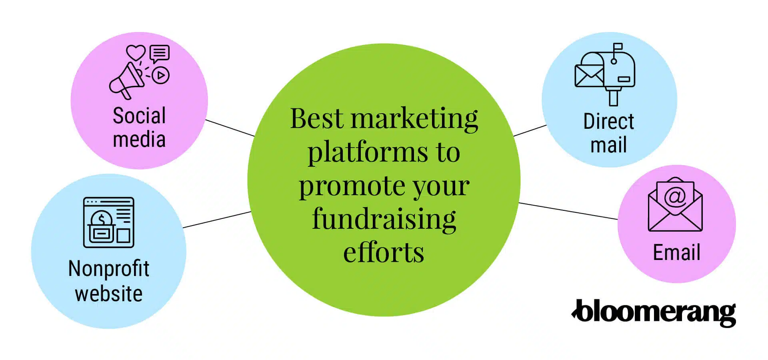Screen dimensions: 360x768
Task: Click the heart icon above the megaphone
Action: pos(136,52)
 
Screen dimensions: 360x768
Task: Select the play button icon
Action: pos(161,75)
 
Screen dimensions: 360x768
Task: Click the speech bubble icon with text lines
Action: pos(160,53)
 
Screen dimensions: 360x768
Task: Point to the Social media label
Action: pos(139,128)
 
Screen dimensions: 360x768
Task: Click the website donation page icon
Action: pos(108,222)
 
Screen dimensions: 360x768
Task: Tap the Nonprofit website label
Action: pos(109,281)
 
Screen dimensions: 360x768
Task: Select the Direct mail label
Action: pos(608,133)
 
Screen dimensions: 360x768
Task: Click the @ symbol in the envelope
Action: pos(675,196)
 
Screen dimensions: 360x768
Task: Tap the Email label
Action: pos(676,253)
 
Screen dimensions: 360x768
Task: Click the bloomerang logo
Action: pos(654,313)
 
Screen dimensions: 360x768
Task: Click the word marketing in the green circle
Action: pos(414,119)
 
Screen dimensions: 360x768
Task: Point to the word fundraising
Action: pos(384,220)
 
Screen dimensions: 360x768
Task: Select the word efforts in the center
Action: pos(384,253)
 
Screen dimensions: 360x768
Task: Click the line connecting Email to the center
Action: pos(568,211)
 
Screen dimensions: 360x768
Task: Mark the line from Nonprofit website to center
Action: pos(217,220)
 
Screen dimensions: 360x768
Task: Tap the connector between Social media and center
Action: pos(230,128)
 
